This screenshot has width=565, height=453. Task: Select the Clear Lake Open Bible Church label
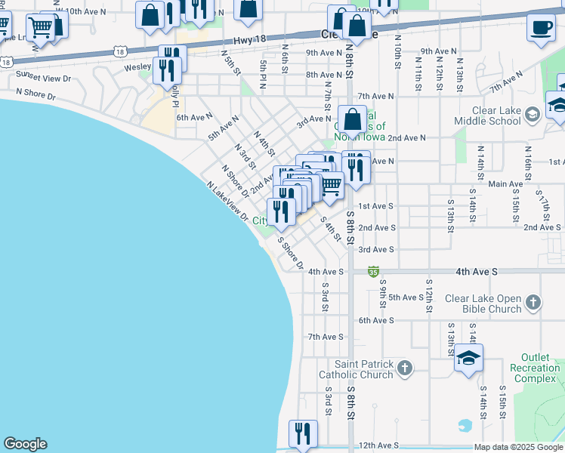pos(483,304)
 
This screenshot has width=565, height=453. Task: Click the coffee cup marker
pos(541,28)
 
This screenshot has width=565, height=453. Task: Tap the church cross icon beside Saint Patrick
pos(405,368)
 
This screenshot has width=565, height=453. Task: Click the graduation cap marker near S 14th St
pos(468,359)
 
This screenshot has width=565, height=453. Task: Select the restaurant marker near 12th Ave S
pos(303,433)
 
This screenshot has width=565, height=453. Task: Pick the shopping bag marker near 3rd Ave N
pos(353,119)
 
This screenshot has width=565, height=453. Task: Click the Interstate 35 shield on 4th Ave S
pos(373,271)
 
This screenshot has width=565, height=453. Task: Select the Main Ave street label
pos(506,183)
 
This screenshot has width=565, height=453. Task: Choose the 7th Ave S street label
pos(326,337)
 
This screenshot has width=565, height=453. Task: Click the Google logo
pos(25,444)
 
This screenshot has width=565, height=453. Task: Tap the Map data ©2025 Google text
pos(517,447)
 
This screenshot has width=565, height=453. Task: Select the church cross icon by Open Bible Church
pos(533,303)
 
